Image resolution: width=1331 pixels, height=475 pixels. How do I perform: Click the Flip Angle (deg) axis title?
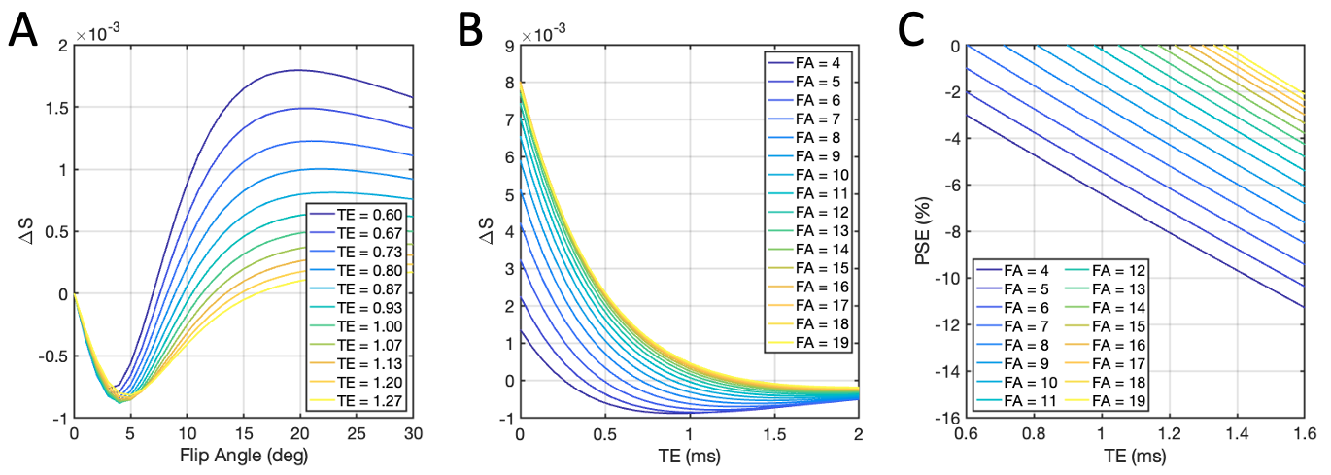[243, 455]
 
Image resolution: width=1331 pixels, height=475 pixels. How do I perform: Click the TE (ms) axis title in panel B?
[689, 455]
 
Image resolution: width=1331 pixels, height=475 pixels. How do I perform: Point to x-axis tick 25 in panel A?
[357, 432]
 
